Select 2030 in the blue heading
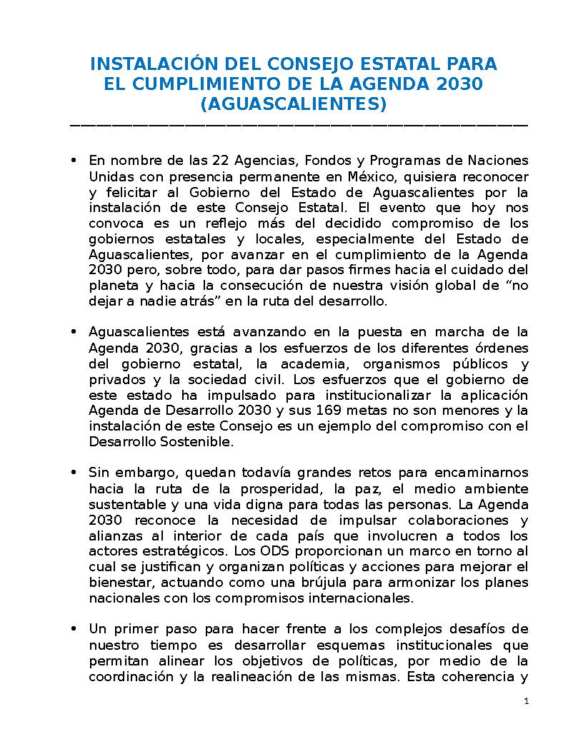(460, 84)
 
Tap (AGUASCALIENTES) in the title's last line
(294, 104)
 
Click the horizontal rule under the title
(299, 126)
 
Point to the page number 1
(527, 702)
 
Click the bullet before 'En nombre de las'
(74, 160)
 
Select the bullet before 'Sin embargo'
(74, 473)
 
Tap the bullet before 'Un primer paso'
(74, 629)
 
